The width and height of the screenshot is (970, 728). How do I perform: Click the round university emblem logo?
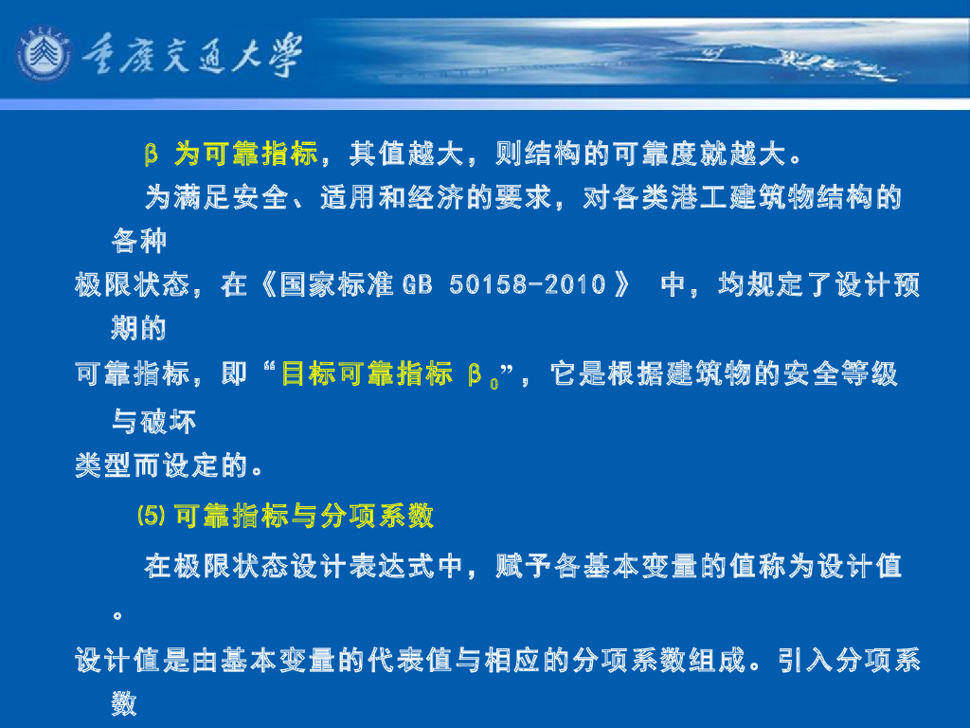[44, 56]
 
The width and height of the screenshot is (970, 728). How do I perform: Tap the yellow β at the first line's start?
[150, 154]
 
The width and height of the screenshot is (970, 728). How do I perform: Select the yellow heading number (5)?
[152, 516]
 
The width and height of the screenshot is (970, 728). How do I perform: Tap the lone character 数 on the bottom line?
[124, 703]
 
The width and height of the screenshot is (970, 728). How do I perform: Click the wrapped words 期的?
[138, 329]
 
